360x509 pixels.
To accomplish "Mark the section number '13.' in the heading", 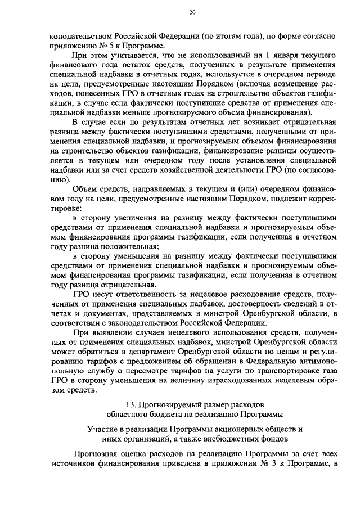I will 133,405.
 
